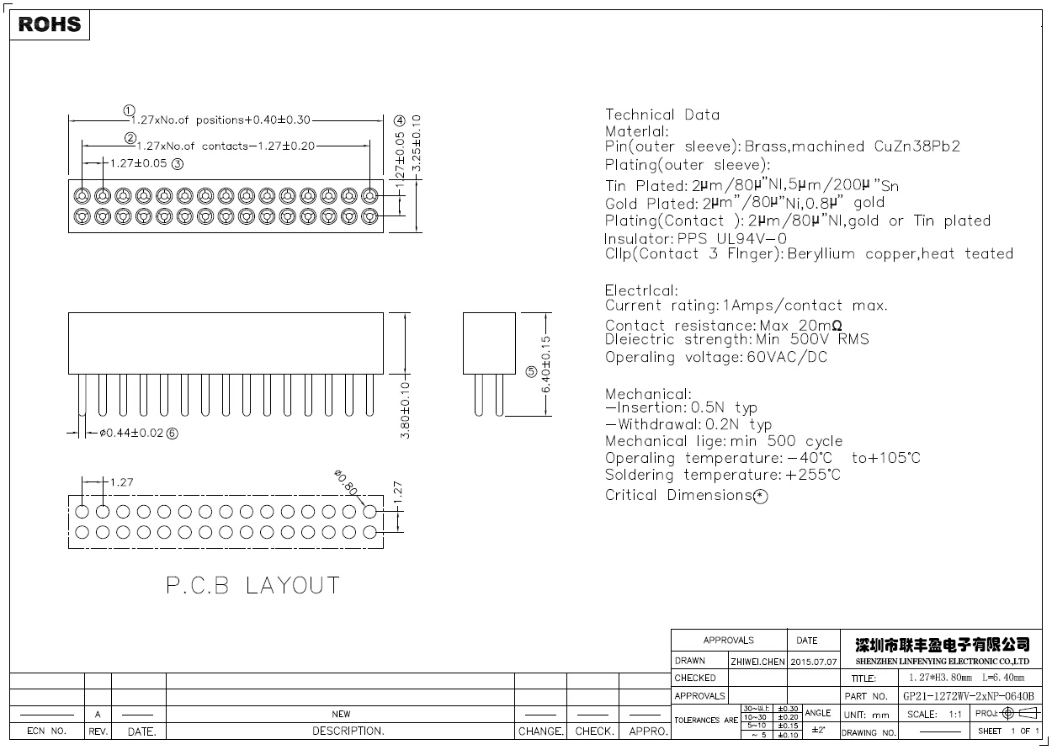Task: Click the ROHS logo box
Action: [50, 24]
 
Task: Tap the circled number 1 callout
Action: [129, 110]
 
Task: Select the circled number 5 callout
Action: [531, 372]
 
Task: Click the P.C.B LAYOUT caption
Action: [252, 586]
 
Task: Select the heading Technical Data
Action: [662, 115]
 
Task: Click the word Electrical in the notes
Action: [640, 291]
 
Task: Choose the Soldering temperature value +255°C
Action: [813, 476]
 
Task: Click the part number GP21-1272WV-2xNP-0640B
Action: [968, 696]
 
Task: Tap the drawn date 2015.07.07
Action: [814, 662]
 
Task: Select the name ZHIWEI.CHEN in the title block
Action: [757, 662]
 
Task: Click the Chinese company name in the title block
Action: [942, 645]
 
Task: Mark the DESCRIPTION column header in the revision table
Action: [348, 731]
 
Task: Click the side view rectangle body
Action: [489, 343]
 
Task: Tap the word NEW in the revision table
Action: [341, 714]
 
